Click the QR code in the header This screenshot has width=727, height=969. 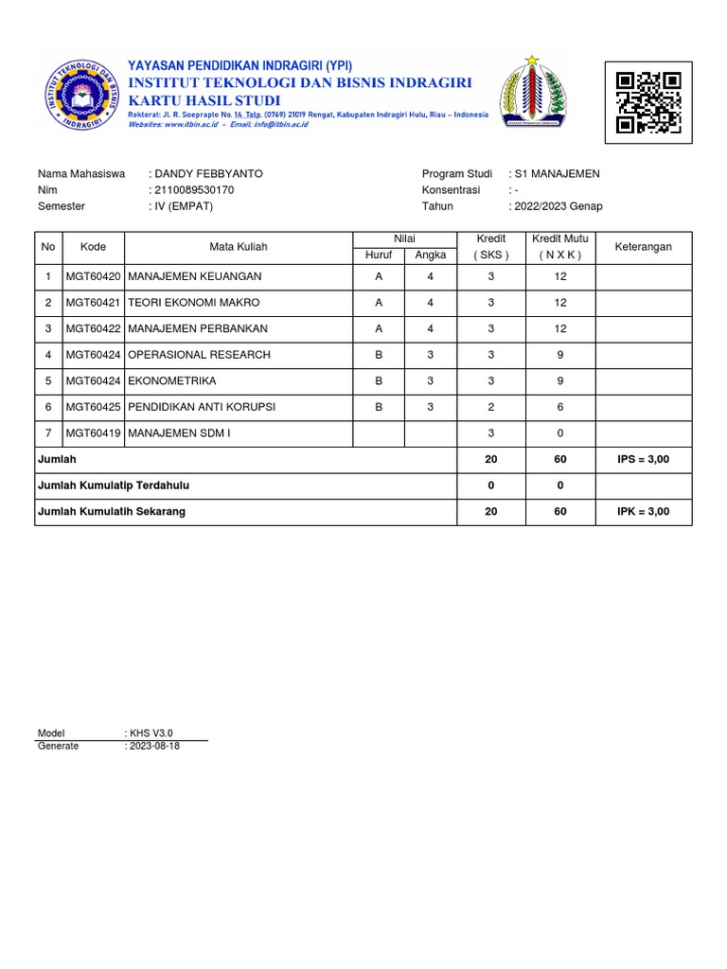pyautogui.click(x=648, y=102)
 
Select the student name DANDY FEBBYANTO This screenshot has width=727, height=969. pyautogui.click(x=209, y=174)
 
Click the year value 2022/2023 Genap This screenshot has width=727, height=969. pyautogui.click(x=559, y=206)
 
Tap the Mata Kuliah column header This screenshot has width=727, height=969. pyautogui.click(x=239, y=247)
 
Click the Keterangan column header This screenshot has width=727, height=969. pyautogui.click(x=644, y=247)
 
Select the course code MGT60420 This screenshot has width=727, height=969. pyautogui.click(x=93, y=276)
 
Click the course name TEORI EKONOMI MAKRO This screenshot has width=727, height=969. pyautogui.click(x=193, y=303)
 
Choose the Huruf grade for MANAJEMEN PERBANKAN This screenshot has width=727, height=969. pyautogui.click(x=379, y=328)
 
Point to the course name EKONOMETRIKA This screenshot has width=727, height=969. pyautogui.click(x=171, y=380)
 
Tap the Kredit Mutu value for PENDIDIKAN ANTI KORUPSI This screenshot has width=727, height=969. pyautogui.click(x=560, y=407)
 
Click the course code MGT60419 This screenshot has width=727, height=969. pyautogui.click(x=93, y=432)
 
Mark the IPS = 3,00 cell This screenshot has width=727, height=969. pyautogui.click(x=643, y=459)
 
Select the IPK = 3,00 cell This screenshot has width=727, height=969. pyautogui.click(x=643, y=511)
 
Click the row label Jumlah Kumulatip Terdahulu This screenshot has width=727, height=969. pyautogui.click(x=114, y=485)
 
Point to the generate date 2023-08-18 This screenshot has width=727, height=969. pyautogui.click(x=154, y=746)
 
